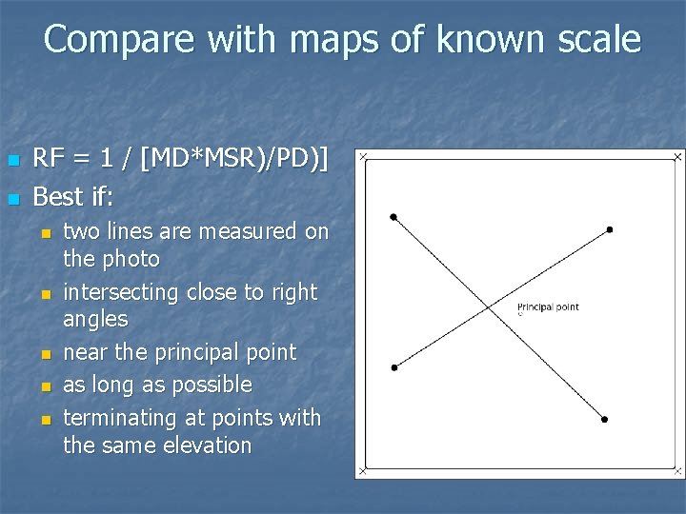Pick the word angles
coord(95,319)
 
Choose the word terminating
coord(120,418)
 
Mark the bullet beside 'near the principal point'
coord(44,354)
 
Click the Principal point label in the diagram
coord(548,306)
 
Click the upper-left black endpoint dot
coord(393,217)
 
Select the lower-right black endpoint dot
coord(604,419)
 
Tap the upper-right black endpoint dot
coord(610,229)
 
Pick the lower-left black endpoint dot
coord(393,366)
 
